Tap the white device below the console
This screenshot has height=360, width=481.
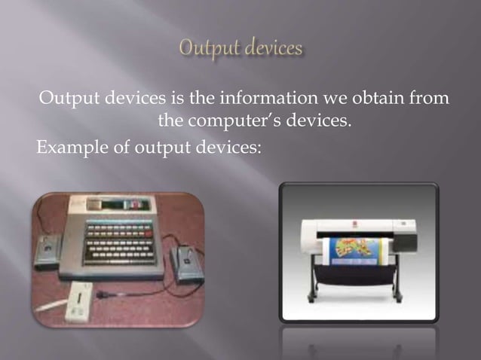[x=78, y=304]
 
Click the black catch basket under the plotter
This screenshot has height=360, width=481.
[x=355, y=275]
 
